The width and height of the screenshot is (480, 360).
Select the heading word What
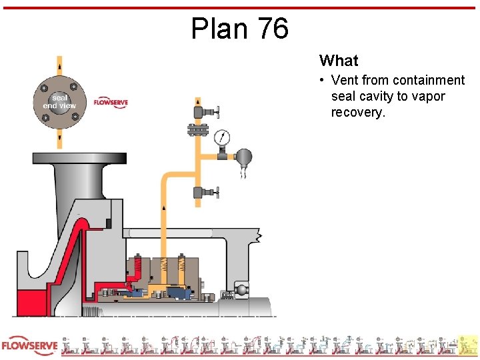pyautogui.click(x=339, y=61)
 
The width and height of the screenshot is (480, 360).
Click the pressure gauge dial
pyautogui.click(x=222, y=137)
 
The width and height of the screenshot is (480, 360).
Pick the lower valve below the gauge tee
pyautogui.click(x=201, y=193)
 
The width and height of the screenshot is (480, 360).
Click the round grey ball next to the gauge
pyautogui.click(x=244, y=157)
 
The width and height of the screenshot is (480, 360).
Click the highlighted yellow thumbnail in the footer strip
pyautogui.click(x=469, y=345)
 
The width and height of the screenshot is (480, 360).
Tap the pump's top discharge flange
pyautogui.click(x=79, y=159)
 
